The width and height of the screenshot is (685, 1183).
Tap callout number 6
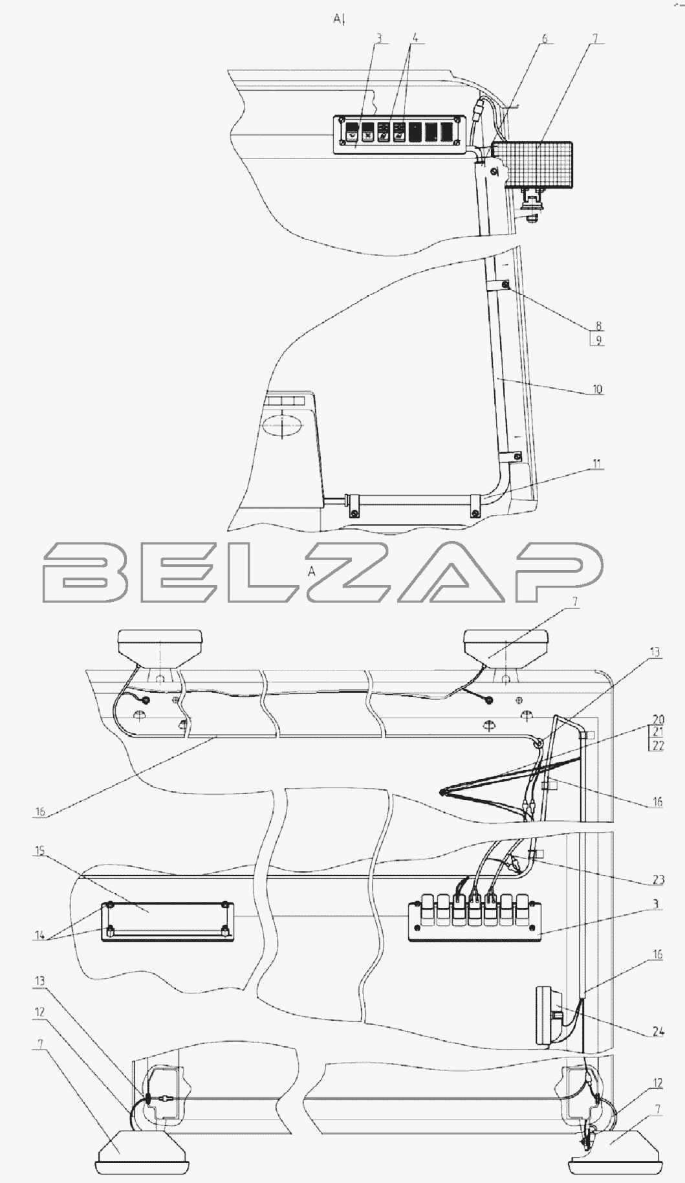pyautogui.click(x=545, y=39)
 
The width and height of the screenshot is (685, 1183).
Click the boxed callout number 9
pyautogui.click(x=598, y=339)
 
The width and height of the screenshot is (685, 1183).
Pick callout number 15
pyautogui.click(x=40, y=850)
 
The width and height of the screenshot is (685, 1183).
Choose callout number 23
pyautogui.click(x=658, y=879)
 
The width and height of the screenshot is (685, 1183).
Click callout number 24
pyautogui.click(x=658, y=1032)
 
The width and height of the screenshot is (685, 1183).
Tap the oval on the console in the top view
pyautogui.click(x=283, y=428)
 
